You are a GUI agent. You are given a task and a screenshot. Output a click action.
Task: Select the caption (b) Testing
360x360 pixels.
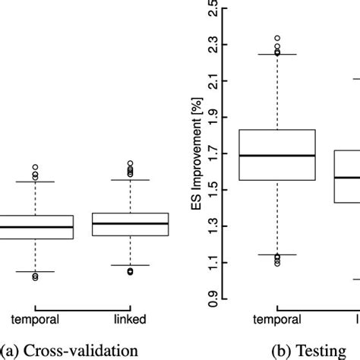(x=303, y=350)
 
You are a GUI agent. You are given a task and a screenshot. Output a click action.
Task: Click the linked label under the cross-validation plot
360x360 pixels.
(x=130, y=320)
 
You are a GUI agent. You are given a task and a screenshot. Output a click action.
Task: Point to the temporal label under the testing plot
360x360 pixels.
(x=276, y=320)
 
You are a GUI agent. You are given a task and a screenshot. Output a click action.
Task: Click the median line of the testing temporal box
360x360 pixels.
(x=277, y=155)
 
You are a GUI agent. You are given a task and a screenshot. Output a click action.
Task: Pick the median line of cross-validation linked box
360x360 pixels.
(x=130, y=223)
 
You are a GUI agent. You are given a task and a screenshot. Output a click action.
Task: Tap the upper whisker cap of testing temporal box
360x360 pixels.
(x=277, y=55)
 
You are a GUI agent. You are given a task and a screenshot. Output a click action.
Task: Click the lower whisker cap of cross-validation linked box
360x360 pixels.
(x=130, y=265)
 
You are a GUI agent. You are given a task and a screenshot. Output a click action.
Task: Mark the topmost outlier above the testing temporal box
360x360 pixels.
(x=277, y=37)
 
